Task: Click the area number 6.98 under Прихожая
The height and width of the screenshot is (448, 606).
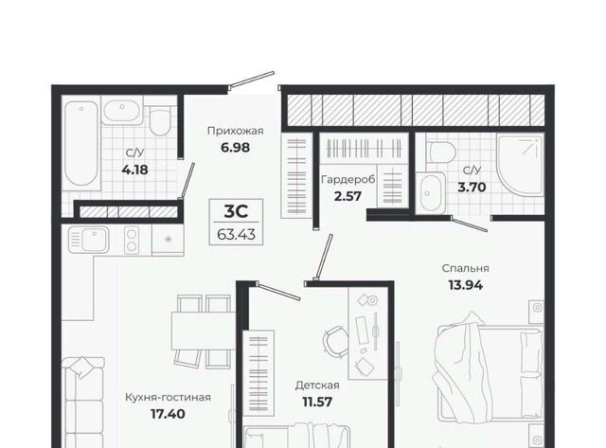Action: (236, 147)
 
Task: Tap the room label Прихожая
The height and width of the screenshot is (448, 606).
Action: (236, 131)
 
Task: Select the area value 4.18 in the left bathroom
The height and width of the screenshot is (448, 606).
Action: (134, 170)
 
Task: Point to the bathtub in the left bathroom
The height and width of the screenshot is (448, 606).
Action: (81, 143)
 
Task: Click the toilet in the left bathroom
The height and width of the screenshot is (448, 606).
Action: (160, 119)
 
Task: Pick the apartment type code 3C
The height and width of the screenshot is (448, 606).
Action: (236, 211)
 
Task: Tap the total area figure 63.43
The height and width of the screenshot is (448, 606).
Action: (236, 234)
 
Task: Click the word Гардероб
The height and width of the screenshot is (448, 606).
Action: (348, 180)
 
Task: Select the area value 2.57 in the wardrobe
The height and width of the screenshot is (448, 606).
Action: (348, 196)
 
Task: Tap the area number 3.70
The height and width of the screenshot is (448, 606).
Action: (472, 188)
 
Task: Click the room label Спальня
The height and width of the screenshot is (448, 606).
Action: (465, 268)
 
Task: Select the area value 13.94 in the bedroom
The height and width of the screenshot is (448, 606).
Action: (465, 285)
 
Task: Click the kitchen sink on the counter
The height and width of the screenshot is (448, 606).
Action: (89, 240)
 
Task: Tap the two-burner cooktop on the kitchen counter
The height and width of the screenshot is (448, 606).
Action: (132, 240)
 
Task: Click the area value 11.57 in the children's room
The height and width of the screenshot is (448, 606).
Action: (317, 402)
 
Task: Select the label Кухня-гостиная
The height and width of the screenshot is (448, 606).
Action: (169, 398)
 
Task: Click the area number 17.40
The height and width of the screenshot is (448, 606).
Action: (168, 414)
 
